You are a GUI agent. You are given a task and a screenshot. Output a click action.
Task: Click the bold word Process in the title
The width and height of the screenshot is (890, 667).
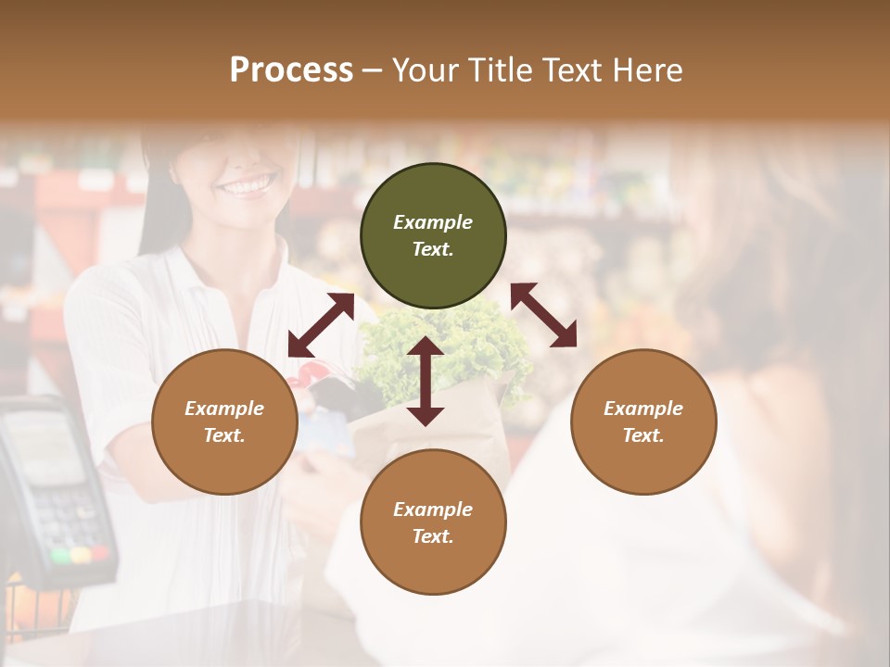click(x=291, y=70)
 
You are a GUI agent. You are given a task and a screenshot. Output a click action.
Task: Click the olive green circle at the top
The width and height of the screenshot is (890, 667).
click(x=433, y=235)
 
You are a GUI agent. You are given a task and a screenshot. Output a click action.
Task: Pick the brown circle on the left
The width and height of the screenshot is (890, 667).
click(x=224, y=422)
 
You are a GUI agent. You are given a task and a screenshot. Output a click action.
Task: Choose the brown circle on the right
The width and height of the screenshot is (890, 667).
click(x=643, y=422)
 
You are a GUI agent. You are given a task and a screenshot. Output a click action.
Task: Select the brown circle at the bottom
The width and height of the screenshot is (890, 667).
click(x=433, y=522)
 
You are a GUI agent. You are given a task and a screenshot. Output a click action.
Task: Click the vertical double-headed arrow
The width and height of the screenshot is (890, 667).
click(x=426, y=381)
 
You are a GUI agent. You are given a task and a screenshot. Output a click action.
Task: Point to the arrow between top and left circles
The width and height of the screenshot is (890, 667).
click(x=321, y=325)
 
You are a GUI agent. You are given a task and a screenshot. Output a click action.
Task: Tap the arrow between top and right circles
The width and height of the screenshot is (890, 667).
click(x=543, y=315)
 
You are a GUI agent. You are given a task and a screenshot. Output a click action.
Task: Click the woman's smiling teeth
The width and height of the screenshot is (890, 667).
click(x=248, y=185)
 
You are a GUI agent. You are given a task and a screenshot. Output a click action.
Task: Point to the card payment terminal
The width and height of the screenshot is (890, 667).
click(x=51, y=491)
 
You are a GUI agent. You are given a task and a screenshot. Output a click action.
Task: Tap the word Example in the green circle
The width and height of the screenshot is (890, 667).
click(x=433, y=222)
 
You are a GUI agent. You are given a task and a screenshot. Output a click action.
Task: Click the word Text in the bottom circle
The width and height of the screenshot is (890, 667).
click(x=433, y=536)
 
